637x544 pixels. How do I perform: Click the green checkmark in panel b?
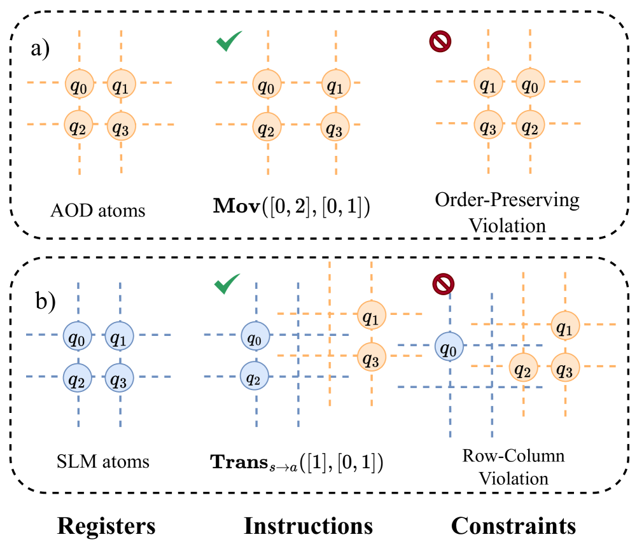[227, 284]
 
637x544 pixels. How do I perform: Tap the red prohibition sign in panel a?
[440, 42]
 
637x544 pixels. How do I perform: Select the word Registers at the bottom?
[106, 526]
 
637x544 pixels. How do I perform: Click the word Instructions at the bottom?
[308, 526]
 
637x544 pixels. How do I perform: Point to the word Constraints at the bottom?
[514, 526]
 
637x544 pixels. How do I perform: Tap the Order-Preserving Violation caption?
[507, 213]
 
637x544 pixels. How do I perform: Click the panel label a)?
[45, 48]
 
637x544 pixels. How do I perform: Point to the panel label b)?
[45, 299]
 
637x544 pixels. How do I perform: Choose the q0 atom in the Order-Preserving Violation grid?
[529, 83]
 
